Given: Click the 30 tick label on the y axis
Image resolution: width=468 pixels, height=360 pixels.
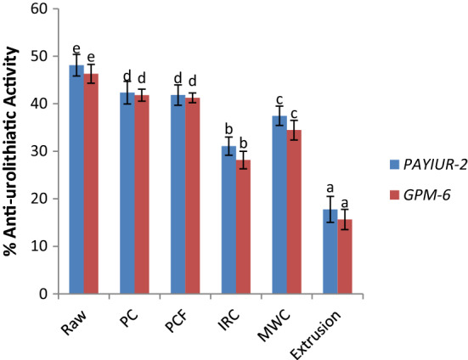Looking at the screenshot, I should pos(39,151).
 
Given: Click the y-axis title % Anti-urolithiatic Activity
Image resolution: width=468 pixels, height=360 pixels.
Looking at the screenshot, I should pos(12,153).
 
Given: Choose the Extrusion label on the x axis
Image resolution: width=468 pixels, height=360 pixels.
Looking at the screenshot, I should pos(335,328).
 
